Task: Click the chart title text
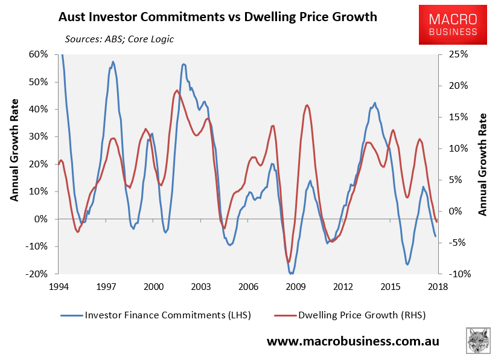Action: (x=217, y=17)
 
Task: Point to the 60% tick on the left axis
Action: (x=38, y=54)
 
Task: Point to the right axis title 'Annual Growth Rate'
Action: (x=483, y=163)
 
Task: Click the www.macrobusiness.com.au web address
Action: (x=353, y=341)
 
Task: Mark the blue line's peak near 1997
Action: (x=113, y=62)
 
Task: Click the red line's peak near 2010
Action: (x=307, y=105)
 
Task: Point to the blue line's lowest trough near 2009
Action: (x=292, y=274)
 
